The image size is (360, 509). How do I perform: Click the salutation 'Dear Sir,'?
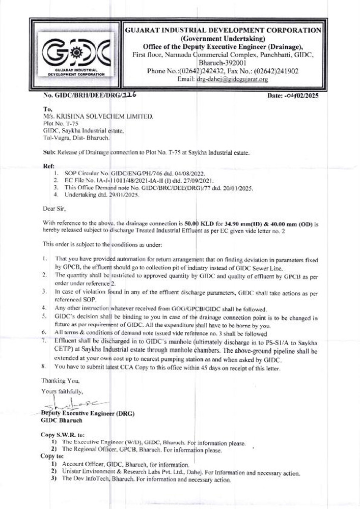(54, 208)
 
